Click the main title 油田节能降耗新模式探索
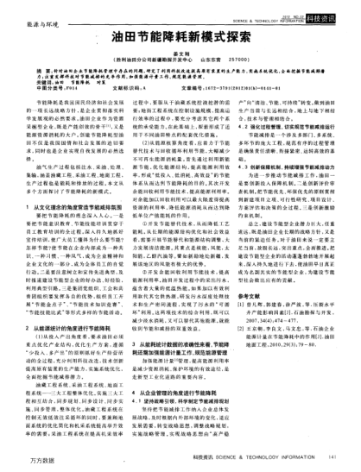point(180,40)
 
